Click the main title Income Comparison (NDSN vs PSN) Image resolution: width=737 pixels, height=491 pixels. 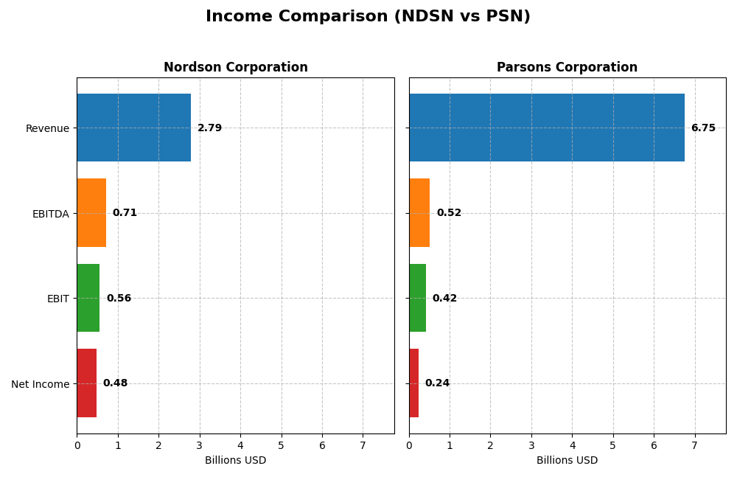point(368,16)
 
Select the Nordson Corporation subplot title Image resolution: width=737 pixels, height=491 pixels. point(236,67)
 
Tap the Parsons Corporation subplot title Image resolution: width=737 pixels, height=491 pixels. point(567,67)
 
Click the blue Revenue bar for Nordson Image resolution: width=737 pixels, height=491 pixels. point(133,128)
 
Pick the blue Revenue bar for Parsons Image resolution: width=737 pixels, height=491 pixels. point(546,128)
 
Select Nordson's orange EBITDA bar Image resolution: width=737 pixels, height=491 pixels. point(91,213)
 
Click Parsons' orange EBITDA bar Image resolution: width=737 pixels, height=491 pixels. point(419,213)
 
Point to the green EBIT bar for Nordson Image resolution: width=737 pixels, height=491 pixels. point(88,298)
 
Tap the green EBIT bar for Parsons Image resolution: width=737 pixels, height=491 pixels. point(417,298)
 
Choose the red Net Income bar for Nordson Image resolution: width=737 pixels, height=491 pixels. point(86,383)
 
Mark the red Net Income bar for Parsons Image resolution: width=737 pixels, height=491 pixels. point(413,383)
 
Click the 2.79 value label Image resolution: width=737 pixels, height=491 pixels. point(209,128)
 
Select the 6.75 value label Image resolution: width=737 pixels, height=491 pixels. point(703,128)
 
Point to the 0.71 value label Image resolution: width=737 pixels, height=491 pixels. point(125,213)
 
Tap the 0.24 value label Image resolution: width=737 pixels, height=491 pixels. point(437,383)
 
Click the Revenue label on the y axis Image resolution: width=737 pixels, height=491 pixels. point(47,128)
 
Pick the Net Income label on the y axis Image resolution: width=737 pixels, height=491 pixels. point(40,384)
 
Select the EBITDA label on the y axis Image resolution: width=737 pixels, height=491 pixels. point(50,214)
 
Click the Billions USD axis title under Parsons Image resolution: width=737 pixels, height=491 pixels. point(567,461)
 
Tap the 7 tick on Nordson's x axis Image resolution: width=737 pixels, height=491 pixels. point(363,445)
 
